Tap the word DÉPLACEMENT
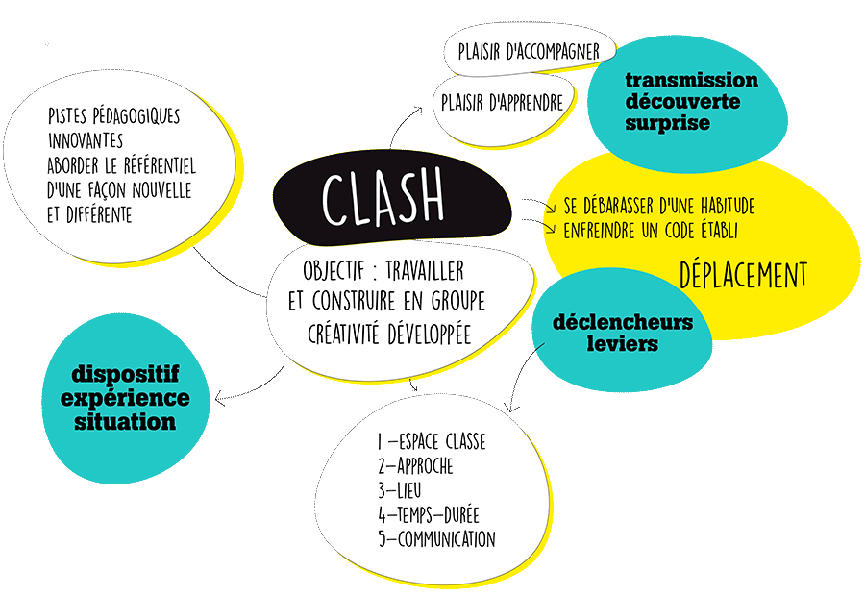743,275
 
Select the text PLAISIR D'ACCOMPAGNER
529,50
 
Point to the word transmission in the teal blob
691,81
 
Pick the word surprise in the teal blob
668,123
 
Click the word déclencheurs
623,322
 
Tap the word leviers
623,343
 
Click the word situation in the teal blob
126,421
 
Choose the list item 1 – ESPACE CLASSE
432,442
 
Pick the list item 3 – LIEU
401,490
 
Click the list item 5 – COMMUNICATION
436,539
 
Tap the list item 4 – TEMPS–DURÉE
429,514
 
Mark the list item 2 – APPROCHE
415,466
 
